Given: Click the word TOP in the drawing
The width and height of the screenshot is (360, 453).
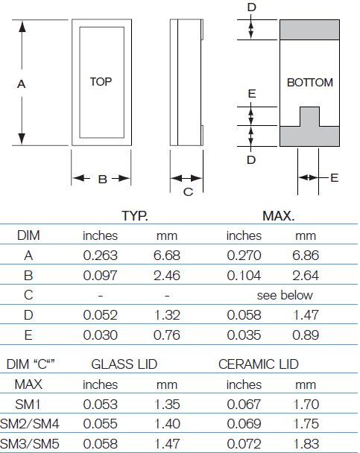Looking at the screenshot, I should tap(101, 82).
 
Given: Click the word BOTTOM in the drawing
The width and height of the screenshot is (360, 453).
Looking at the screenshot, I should tap(309, 83).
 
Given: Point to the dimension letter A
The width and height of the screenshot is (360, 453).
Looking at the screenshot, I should tap(22, 85).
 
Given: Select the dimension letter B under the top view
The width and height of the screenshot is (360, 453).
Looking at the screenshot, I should tap(102, 179).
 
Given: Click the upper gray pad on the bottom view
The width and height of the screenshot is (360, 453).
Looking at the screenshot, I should tap(310, 30).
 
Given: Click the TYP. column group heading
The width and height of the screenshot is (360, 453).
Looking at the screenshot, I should tap(135, 217).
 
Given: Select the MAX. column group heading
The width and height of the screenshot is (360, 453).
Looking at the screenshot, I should tap(278, 217).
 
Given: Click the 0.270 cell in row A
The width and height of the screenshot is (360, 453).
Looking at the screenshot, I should tap(244, 255).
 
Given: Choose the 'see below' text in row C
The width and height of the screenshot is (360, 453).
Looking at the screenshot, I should tap(285, 295).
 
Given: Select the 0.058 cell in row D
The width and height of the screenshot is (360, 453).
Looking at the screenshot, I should tap(244, 315).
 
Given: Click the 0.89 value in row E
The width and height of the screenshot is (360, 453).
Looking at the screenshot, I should tap(306, 335).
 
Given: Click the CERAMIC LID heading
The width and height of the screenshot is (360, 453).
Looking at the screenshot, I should tap(258, 364).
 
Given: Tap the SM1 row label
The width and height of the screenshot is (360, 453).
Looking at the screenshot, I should tap(28, 405).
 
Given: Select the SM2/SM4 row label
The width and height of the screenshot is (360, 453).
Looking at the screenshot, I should tap(28, 425).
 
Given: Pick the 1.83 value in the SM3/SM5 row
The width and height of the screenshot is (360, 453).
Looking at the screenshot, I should tap(306, 445).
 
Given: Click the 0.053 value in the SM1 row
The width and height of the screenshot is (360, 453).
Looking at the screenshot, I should tap(100, 405).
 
